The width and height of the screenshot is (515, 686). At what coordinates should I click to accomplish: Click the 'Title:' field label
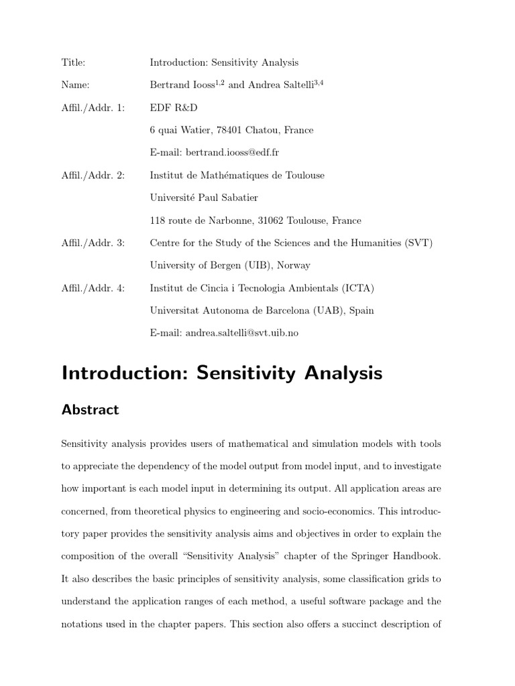click(x=73, y=62)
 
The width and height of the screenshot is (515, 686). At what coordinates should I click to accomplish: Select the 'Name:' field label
click(x=75, y=85)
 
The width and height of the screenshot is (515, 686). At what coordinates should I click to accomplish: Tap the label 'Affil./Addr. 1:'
click(x=93, y=108)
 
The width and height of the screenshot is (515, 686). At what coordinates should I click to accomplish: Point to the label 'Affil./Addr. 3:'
click(x=93, y=243)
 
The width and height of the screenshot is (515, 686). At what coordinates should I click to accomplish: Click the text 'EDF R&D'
click(x=174, y=108)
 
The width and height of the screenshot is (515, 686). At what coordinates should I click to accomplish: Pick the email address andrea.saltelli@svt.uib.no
click(x=241, y=333)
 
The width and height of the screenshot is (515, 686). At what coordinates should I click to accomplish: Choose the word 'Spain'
click(x=361, y=310)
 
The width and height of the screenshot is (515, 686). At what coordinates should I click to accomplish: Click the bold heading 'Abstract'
click(x=90, y=409)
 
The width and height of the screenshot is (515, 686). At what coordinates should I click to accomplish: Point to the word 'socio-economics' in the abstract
click(x=335, y=511)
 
